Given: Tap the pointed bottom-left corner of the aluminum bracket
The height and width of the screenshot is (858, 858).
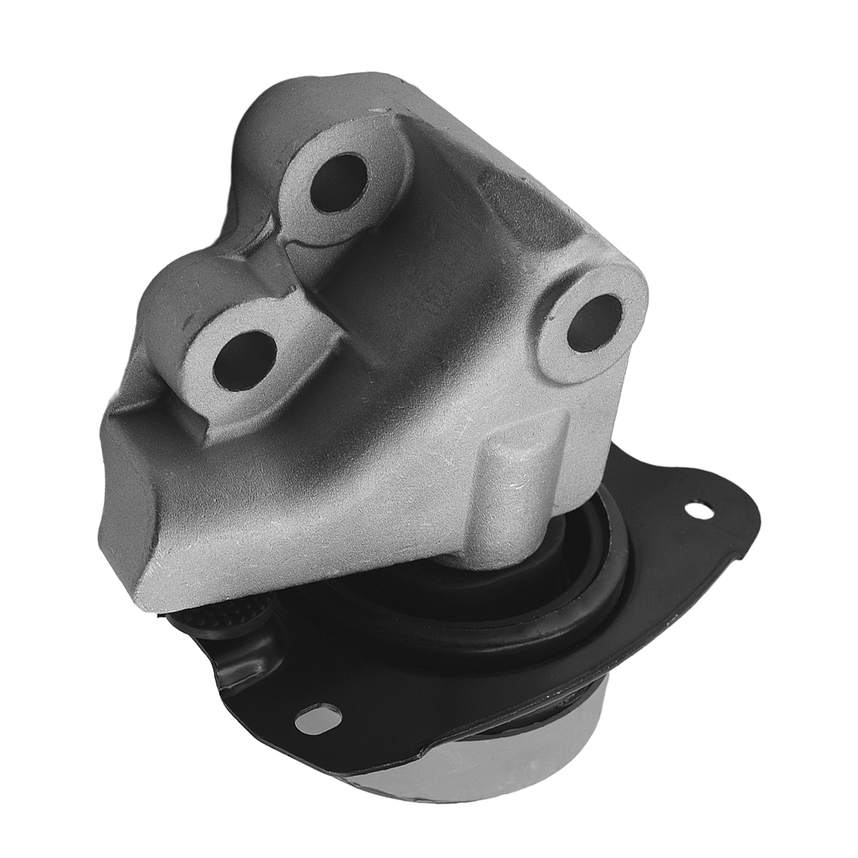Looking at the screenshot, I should [142, 608].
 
